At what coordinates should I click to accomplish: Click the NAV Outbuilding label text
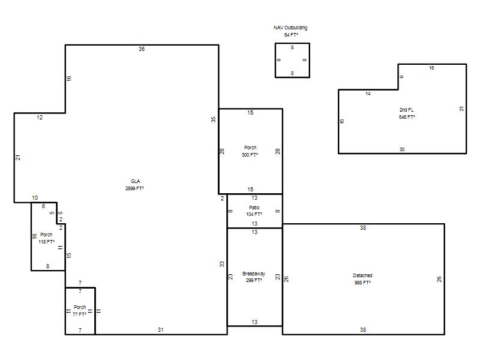click(x=290, y=28)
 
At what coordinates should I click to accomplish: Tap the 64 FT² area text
click(x=291, y=35)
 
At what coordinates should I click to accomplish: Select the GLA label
click(x=136, y=181)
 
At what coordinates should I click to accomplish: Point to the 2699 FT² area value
click(x=134, y=188)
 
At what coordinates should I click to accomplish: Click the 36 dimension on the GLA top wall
click(x=142, y=49)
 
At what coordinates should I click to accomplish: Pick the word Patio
click(x=254, y=208)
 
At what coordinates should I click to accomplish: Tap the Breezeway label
click(x=254, y=274)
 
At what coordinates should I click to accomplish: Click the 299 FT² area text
click(x=254, y=280)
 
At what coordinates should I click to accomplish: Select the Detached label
click(x=362, y=275)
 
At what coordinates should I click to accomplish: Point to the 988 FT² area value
click(x=362, y=283)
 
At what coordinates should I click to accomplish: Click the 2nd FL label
click(x=407, y=110)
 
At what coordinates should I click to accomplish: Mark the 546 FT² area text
click(x=407, y=117)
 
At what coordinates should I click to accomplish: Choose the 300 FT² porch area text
click(x=250, y=155)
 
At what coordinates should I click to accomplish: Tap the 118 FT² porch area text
click(x=47, y=242)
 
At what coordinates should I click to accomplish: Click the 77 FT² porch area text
click(x=79, y=314)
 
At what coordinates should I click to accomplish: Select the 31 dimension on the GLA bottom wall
click(x=161, y=329)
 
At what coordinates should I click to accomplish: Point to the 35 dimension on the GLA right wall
click(x=214, y=119)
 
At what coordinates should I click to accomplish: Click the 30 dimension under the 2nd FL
click(x=402, y=149)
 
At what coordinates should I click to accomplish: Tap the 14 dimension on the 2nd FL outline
click(x=368, y=94)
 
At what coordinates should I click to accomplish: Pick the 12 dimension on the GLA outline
click(x=40, y=118)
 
